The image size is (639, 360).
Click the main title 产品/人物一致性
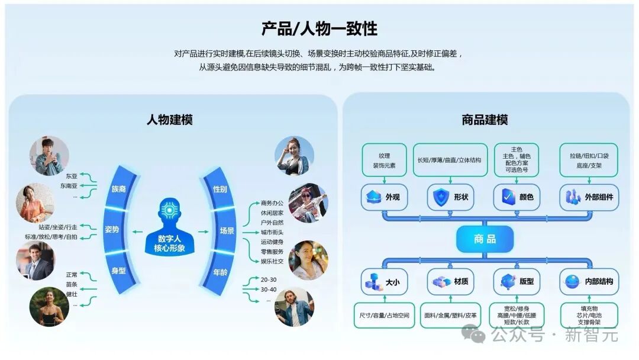coord(319,28)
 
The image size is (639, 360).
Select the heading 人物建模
coord(170,120)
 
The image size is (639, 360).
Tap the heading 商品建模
coord(485,120)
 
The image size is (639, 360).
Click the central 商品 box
coord(485,239)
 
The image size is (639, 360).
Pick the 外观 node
coord(385,197)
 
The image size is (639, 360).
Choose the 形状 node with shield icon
coord(450,197)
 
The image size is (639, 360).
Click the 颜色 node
coord(517,197)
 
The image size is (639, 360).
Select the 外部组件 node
coord(589,197)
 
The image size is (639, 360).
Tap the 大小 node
coord(385,282)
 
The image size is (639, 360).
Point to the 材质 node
coord(450,282)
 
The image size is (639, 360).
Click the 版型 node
coord(517,282)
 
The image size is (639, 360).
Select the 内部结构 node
coord(589,282)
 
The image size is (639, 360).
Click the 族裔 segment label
coord(118,189)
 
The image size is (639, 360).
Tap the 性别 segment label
coord(220,189)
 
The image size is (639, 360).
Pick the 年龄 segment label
coord(220,272)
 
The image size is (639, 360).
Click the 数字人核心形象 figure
coord(170,227)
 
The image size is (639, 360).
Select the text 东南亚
coord(69,186)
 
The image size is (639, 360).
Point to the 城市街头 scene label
coord(272,232)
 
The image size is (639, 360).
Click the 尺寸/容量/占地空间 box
coord(385,315)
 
